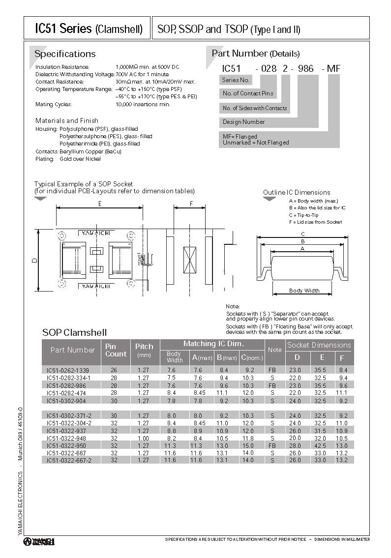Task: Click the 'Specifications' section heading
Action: click(65, 54)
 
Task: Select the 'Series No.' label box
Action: click(236, 80)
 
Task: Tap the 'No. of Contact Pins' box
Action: click(247, 93)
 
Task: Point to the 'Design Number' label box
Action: click(243, 122)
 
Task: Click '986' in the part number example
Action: click(305, 69)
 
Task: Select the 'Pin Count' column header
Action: click(116, 350)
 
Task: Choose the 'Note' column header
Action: click(274, 350)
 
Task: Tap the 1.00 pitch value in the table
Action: click(143, 438)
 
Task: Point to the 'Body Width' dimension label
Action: click(304, 291)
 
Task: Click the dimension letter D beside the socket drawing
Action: click(34, 261)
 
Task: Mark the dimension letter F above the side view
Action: click(190, 203)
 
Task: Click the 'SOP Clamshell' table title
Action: click(74, 332)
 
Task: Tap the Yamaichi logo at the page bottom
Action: click(39, 541)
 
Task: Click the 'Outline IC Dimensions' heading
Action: click(296, 192)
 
